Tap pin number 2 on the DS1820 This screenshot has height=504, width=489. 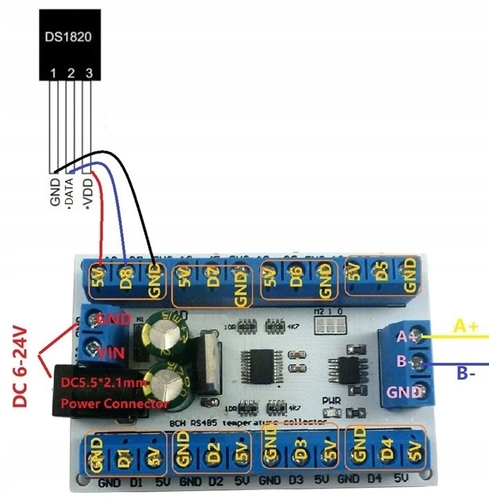coord(71,72)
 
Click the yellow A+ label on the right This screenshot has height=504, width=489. coord(465,325)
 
